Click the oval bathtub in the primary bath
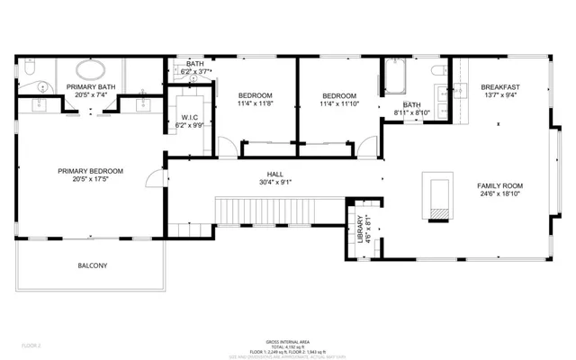(x=90, y=70)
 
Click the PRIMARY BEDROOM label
(x=90, y=171)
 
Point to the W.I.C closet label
(x=189, y=118)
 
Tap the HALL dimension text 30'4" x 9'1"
(x=274, y=181)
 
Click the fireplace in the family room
(x=438, y=196)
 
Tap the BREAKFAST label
(x=499, y=86)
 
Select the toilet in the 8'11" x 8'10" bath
(x=438, y=70)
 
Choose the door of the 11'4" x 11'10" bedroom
(x=367, y=147)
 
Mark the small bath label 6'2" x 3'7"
(x=194, y=72)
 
